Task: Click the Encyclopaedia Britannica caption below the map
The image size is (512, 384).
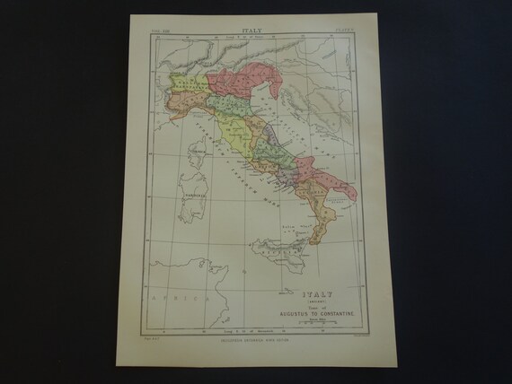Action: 259,345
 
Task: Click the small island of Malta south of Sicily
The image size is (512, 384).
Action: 290,285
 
